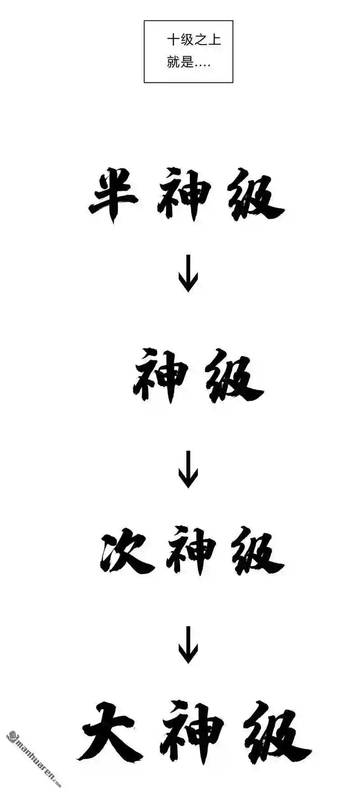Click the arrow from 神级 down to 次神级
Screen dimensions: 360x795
tap(188, 469)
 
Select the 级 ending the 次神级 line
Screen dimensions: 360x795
tap(258, 552)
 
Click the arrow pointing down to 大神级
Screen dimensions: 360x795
tap(188, 645)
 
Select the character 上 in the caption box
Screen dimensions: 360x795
tap(215, 40)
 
